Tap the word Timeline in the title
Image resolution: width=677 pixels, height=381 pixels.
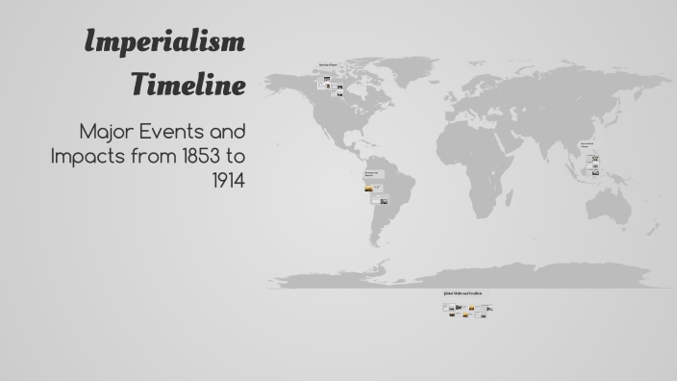[x=188, y=85]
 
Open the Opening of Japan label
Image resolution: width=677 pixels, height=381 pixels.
[x=328, y=65]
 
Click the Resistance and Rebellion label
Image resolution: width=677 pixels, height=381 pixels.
[x=371, y=174]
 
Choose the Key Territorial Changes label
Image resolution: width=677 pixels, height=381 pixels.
[x=586, y=145]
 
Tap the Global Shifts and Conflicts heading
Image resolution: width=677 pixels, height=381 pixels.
[x=463, y=293]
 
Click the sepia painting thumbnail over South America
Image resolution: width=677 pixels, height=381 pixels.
[x=368, y=189]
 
